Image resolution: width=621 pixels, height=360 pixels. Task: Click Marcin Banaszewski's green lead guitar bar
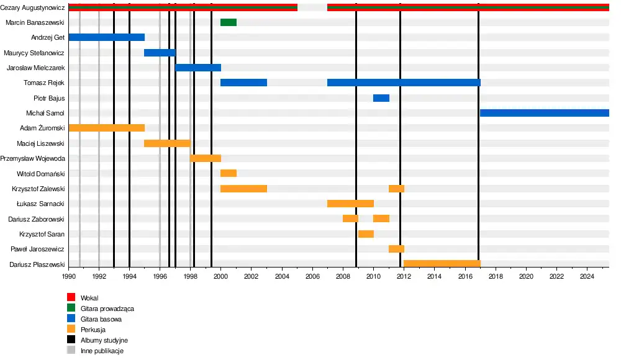[229, 22]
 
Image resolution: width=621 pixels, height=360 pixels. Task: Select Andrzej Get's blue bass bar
[106, 37]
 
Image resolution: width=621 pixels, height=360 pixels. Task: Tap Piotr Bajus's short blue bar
[381, 98]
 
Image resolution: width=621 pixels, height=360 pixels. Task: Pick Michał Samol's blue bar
[544, 113]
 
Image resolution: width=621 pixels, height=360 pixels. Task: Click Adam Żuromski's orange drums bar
[106, 128]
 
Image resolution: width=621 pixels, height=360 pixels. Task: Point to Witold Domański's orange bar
[229, 173]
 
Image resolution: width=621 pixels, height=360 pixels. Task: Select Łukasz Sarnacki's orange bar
[350, 204]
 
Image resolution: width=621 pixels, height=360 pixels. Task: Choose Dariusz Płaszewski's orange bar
[442, 264]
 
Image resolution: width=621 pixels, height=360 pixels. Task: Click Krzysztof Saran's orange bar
[366, 234]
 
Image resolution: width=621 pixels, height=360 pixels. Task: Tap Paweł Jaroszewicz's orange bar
[396, 249]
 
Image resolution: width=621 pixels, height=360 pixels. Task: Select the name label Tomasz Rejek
[44, 83]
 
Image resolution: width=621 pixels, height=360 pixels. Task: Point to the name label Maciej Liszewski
[41, 143]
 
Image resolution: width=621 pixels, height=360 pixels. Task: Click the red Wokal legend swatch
[71, 298]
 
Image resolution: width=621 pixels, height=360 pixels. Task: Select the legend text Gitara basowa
[101, 319]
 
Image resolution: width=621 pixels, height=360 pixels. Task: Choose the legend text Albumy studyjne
[104, 340]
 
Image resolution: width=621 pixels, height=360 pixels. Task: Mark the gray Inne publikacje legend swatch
[71, 351]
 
